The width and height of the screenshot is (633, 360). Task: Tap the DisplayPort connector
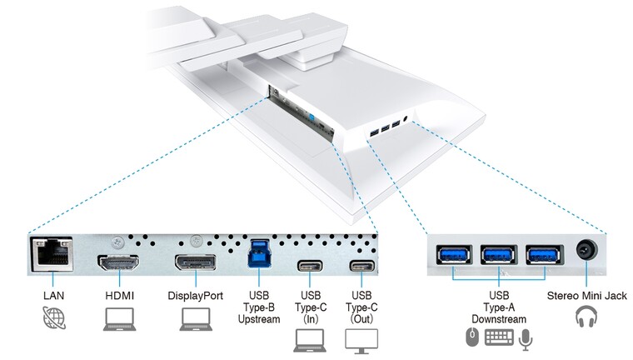(194, 262)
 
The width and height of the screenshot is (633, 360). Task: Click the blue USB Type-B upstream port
(258, 253)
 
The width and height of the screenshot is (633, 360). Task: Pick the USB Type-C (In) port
(310, 267)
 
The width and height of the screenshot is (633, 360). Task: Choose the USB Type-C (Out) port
(361, 267)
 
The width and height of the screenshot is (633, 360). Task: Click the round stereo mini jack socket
(586, 251)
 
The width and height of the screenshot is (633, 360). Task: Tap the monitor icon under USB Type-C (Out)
(361, 339)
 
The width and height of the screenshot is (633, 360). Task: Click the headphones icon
(586, 317)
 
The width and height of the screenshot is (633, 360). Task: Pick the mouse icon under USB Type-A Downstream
(472, 337)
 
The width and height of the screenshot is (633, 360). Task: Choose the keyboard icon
(499, 337)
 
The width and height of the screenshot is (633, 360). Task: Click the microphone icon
(526, 337)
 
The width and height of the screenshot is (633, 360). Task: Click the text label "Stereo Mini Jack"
(586, 296)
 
